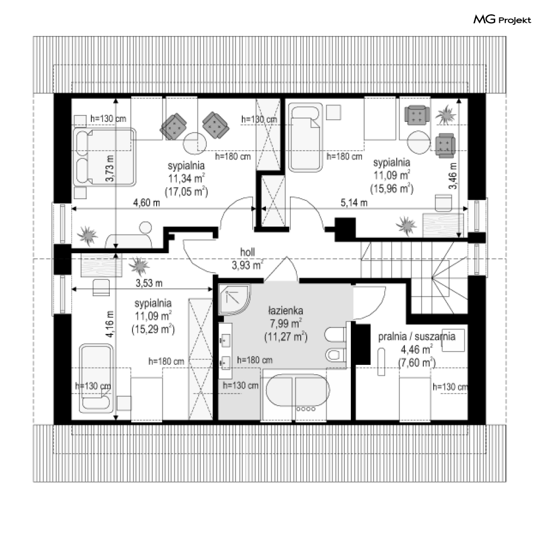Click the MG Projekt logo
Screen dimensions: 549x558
(502, 19)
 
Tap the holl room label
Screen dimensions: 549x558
(248, 252)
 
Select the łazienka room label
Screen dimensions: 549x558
(285, 311)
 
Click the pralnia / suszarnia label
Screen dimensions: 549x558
(417, 336)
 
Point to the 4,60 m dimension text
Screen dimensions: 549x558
(147, 203)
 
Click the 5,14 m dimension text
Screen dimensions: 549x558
(354, 203)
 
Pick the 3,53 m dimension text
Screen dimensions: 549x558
(149, 283)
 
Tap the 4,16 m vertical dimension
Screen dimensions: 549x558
(110, 324)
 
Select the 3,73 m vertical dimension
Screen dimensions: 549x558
(110, 168)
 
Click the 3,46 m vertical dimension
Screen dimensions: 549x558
(452, 176)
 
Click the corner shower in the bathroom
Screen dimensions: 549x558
(234, 299)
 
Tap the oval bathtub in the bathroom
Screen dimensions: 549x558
(298, 390)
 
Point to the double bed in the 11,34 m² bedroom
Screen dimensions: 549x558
(105, 157)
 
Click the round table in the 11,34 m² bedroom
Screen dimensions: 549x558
(195, 143)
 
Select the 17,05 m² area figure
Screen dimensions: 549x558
(186, 192)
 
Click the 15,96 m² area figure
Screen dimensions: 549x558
(392, 188)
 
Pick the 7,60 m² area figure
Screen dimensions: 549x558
(417, 363)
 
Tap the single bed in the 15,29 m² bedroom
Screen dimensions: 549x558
(95, 378)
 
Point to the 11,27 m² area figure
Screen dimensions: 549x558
(286, 337)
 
